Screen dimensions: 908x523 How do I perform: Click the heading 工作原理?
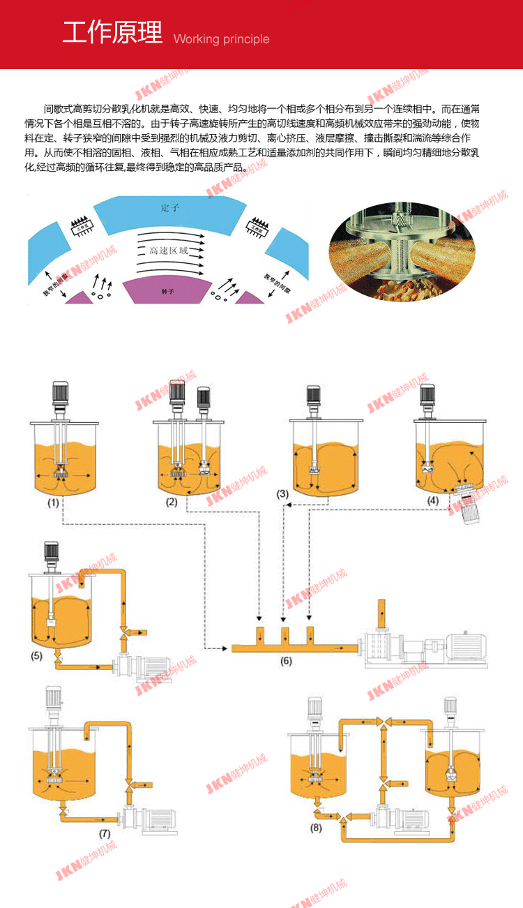click(x=113, y=32)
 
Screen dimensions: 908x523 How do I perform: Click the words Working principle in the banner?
click(x=221, y=39)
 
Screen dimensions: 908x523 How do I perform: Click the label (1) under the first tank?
click(x=53, y=501)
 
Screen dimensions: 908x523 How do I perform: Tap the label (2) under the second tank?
click(x=171, y=501)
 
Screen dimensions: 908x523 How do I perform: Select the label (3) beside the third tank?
click(x=282, y=493)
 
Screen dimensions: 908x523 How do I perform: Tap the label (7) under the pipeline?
click(x=105, y=833)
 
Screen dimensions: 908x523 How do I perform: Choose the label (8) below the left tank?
click(x=317, y=828)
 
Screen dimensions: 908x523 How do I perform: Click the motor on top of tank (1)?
click(x=59, y=394)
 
